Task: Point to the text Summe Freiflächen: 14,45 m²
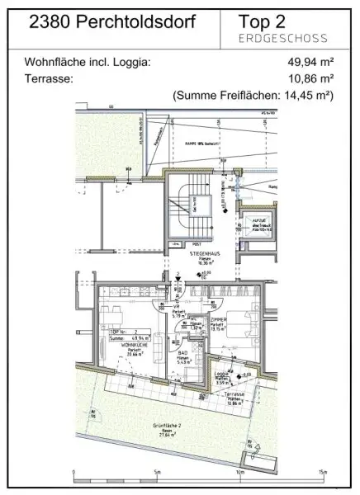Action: [253, 96]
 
